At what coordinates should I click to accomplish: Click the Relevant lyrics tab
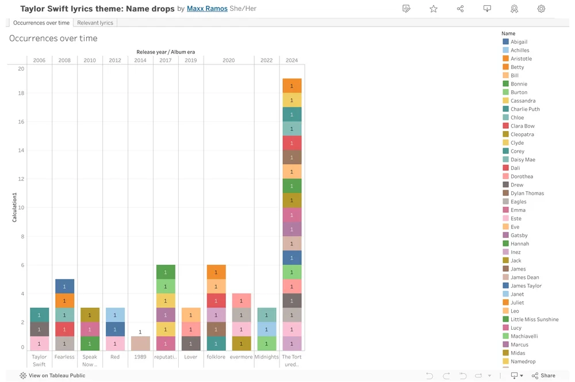tap(95, 23)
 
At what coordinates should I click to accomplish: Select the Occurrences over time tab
tap(41, 23)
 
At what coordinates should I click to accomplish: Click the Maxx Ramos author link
tap(207, 9)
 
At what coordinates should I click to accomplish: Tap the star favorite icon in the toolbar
tap(434, 9)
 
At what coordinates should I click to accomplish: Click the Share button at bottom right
tap(543, 376)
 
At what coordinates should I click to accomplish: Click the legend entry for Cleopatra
tap(522, 134)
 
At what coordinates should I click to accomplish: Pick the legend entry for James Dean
tap(524, 277)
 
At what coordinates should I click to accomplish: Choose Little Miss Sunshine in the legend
tap(534, 319)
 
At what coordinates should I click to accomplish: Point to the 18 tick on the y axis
tap(21, 93)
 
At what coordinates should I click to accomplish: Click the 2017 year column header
tap(166, 60)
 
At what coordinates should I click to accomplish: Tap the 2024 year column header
tap(292, 60)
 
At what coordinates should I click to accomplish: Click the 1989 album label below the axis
tap(140, 357)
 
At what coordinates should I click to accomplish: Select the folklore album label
tap(216, 357)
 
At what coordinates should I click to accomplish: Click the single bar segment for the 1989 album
tap(140, 343)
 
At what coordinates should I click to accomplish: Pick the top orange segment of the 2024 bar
tap(292, 86)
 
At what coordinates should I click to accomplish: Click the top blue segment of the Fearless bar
tap(64, 286)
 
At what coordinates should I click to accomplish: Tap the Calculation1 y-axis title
tap(14, 208)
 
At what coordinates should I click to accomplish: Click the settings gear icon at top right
tap(541, 9)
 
